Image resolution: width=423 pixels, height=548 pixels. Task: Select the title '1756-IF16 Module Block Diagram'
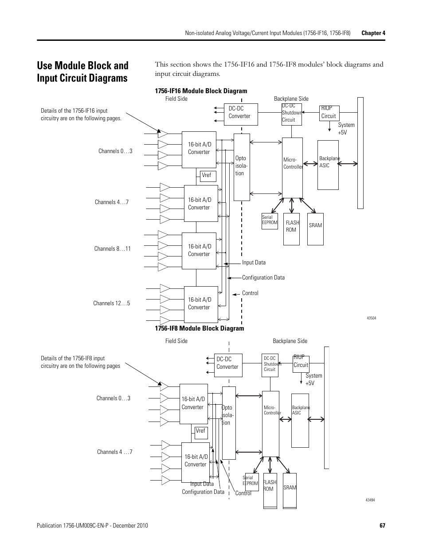(x=201, y=91)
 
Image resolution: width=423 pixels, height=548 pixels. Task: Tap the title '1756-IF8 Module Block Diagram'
(x=199, y=328)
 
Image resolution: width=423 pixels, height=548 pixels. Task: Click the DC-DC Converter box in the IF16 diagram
(x=240, y=114)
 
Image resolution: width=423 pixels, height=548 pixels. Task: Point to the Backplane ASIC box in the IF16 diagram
(x=328, y=165)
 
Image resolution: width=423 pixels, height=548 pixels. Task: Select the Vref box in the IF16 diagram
(x=208, y=176)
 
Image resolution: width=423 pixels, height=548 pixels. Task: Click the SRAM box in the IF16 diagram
(x=315, y=229)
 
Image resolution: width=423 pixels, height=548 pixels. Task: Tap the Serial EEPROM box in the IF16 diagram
(x=270, y=221)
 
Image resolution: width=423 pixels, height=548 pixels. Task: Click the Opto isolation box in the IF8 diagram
(x=228, y=422)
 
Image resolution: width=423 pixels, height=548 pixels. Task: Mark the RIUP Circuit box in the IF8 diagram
(x=301, y=364)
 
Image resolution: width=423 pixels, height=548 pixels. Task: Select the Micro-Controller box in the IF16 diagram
(x=292, y=167)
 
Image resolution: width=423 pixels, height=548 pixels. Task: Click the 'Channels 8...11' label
(x=112, y=249)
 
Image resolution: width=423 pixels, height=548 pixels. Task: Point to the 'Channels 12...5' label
(x=111, y=304)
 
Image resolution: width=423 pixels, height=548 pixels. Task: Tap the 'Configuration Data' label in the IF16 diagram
(x=263, y=278)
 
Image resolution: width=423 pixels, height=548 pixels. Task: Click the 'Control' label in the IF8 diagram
(x=243, y=493)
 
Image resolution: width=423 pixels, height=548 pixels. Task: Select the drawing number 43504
(x=371, y=318)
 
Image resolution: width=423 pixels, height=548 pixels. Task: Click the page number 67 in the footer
(x=382, y=525)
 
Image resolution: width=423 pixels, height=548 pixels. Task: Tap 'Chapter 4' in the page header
(x=373, y=33)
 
